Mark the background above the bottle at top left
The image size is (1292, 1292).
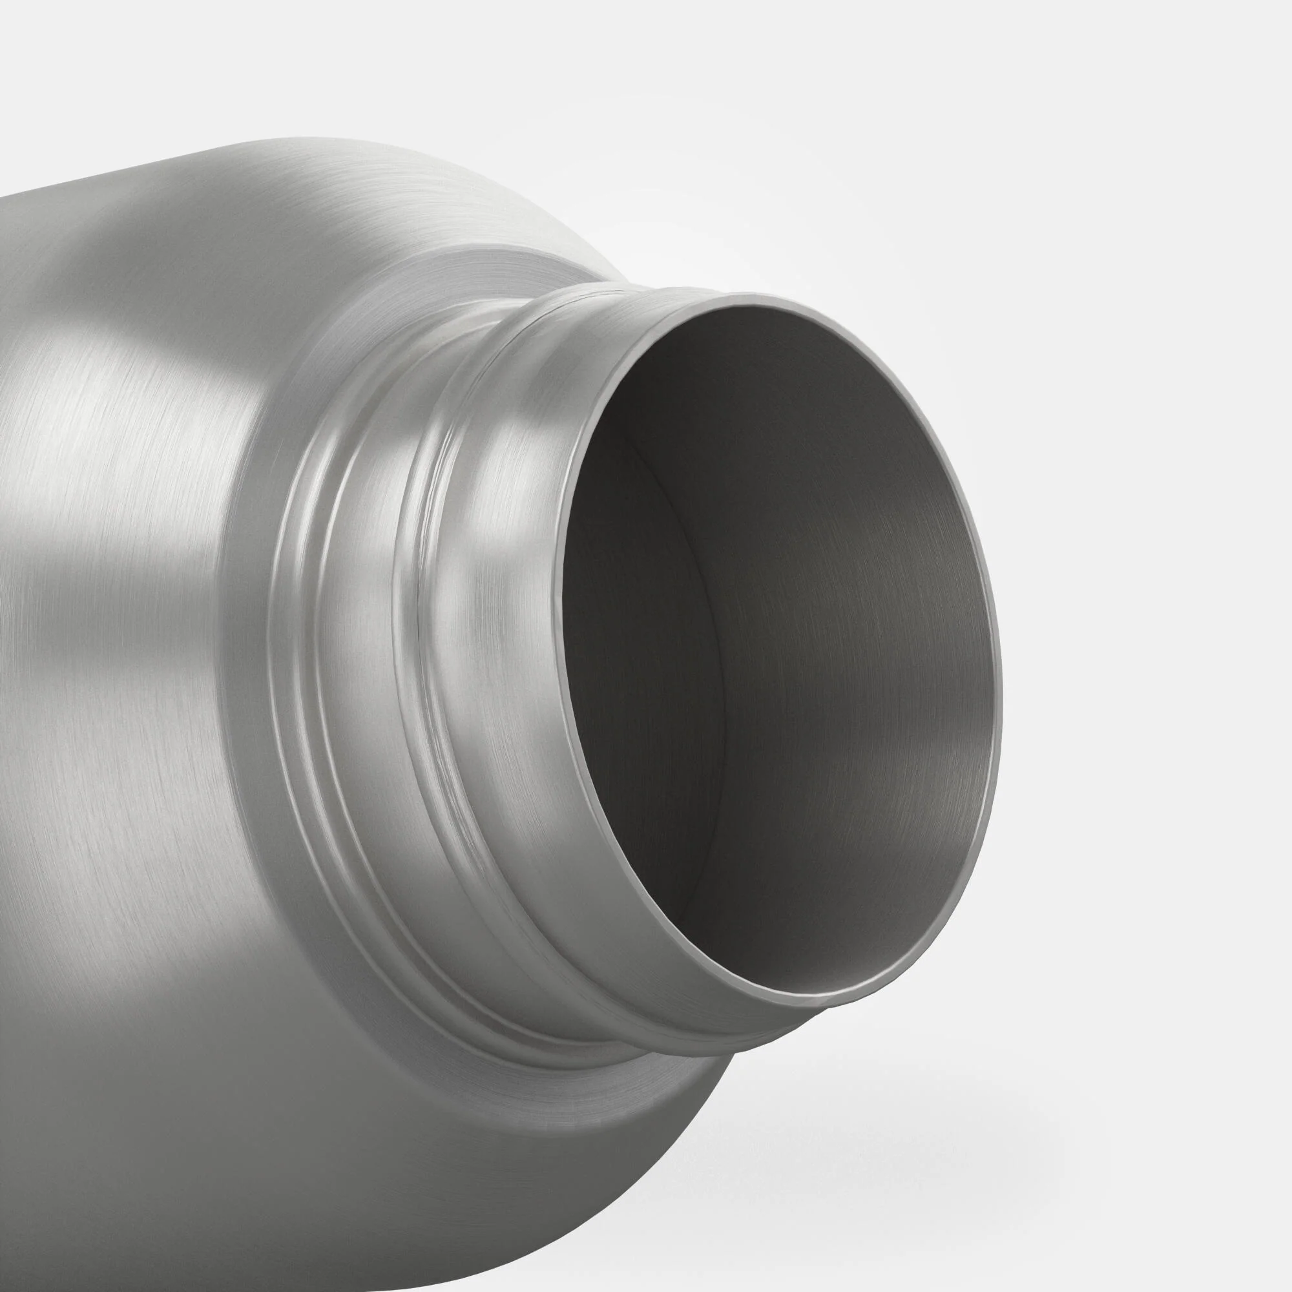(100, 80)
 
